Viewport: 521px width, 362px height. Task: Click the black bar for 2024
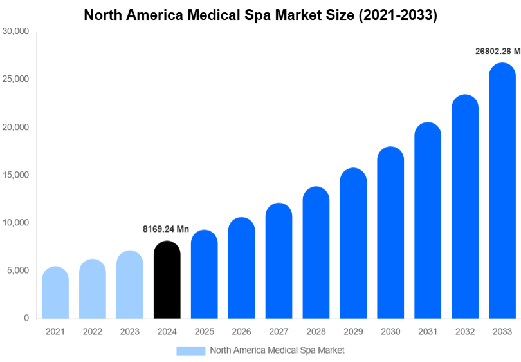167,280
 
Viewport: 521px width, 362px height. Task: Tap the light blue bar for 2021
55,293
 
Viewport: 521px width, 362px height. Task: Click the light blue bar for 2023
130,285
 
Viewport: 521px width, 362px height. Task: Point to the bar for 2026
241,269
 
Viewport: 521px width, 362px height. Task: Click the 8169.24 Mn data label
166,229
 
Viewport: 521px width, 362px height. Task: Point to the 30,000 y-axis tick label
16,32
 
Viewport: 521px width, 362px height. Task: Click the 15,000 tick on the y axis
16,175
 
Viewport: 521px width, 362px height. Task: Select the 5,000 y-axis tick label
18,271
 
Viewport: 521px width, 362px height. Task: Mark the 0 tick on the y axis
26,318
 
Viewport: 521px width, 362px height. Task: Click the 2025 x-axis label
205,332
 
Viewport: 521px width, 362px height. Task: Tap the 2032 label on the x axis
465,332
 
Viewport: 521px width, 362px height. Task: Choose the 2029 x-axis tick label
353,332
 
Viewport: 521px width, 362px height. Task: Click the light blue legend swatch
191,350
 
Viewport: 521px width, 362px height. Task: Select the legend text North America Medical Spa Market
277,350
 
